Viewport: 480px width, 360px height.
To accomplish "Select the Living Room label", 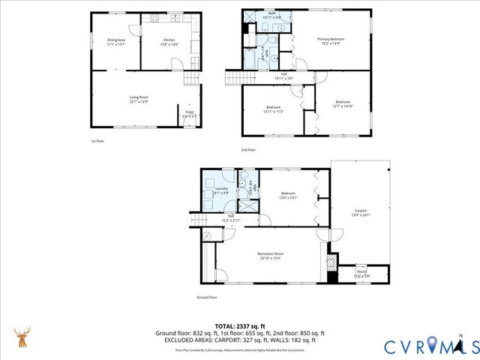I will click(x=139, y=97).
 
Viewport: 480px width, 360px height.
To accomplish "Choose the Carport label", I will click(x=361, y=211).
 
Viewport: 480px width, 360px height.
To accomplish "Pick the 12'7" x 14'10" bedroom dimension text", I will click(x=343, y=106).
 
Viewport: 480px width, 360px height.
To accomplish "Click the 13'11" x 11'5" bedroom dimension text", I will click(x=273, y=112).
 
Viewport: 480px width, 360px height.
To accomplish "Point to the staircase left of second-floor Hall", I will click(x=235, y=77).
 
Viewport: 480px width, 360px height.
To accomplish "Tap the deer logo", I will click(x=23, y=339).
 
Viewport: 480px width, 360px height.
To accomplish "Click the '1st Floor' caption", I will click(x=97, y=140).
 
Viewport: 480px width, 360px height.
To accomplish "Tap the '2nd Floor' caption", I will click(x=248, y=148).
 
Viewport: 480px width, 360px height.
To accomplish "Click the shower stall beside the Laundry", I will click(x=246, y=203).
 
